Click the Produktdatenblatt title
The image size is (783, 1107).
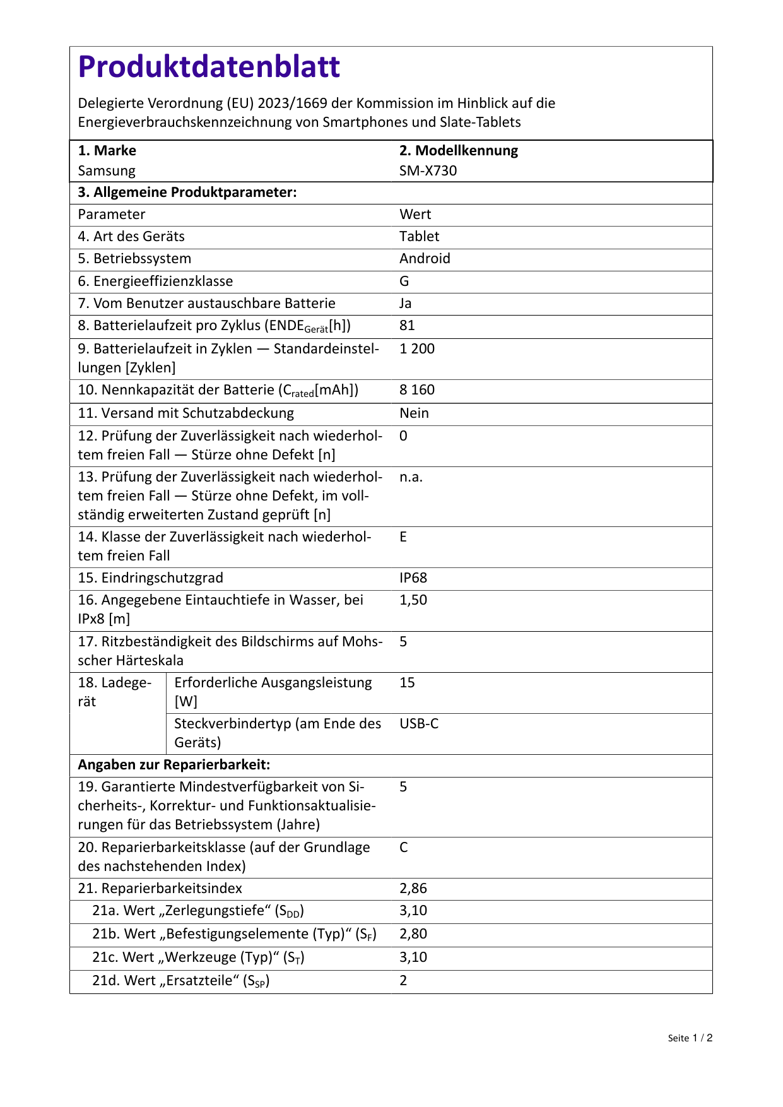(209, 66)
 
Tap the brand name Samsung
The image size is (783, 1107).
(107, 171)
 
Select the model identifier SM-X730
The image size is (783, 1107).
(428, 171)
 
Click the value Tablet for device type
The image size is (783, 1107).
(419, 237)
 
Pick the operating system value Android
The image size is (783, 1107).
(425, 259)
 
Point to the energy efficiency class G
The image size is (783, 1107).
(404, 281)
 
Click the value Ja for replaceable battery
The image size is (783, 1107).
(405, 304)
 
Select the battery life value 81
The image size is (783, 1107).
(407, 326)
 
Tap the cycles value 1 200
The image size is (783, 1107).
(416, 349)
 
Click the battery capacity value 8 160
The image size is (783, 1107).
(416, 390)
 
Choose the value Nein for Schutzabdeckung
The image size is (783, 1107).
(414, 413)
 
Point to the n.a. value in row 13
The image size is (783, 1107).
(411, 477)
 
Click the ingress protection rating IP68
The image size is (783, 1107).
(413, 578)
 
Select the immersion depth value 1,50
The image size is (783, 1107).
(413, 600)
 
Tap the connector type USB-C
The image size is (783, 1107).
(419, 724)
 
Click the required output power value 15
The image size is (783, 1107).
(407, 683)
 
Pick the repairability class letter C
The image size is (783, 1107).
(404, 848)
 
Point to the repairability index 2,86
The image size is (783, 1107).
(413, 889)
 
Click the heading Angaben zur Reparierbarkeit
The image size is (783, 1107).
(174, 765)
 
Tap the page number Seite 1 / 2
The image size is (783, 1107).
(690, 1038)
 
